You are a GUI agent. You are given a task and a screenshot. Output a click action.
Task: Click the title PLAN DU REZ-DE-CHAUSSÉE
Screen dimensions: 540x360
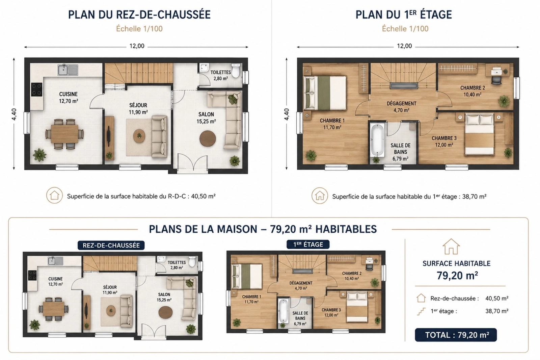click(x=139, y=15)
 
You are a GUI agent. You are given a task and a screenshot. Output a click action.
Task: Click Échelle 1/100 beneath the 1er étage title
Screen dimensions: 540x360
click(x=405, y=29)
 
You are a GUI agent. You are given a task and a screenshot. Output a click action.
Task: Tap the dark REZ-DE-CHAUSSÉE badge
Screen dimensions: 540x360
click(x=111, y=246)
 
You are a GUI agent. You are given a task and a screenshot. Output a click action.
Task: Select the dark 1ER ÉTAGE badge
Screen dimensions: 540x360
click(x=308, y=245)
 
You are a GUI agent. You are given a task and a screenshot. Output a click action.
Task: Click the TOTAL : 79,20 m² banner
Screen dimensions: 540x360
click(x=456, y=335)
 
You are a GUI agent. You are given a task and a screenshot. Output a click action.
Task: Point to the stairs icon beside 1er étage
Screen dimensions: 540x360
click(x=421, y=311)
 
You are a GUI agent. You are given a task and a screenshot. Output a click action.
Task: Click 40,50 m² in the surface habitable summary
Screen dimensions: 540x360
click(x=497, y=299)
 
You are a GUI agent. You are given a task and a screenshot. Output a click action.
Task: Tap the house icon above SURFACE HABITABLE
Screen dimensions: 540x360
click(x=451, y=246)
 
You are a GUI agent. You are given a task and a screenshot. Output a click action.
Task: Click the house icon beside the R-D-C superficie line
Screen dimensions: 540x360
click(x=54, y=196)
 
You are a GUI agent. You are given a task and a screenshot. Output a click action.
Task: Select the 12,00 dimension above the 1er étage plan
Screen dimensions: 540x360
click(x=405, y=46)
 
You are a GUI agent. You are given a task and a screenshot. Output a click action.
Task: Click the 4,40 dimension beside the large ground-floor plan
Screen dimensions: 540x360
click(x=14, y=114)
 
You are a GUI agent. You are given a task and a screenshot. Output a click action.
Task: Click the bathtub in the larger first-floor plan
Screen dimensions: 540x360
click(x=377, y=140)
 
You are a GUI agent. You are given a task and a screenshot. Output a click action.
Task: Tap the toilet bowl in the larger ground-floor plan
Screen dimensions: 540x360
click(x=236, y=71)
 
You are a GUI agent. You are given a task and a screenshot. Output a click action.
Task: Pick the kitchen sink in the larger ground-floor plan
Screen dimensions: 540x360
click(x=68, y=70)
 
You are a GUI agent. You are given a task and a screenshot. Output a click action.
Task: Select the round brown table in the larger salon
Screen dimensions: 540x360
click(x=208, y=138)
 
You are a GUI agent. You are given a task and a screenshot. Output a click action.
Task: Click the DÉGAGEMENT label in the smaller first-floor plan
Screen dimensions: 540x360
click(x=301, y=283)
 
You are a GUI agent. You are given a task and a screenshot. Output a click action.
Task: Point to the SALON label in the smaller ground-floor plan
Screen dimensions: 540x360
click(x=164, y=294)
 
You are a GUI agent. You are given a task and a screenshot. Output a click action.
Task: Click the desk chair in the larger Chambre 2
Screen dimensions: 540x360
click(x=496, y=80)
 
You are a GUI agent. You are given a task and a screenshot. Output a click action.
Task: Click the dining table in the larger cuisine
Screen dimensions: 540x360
click(x=64, y=134)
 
